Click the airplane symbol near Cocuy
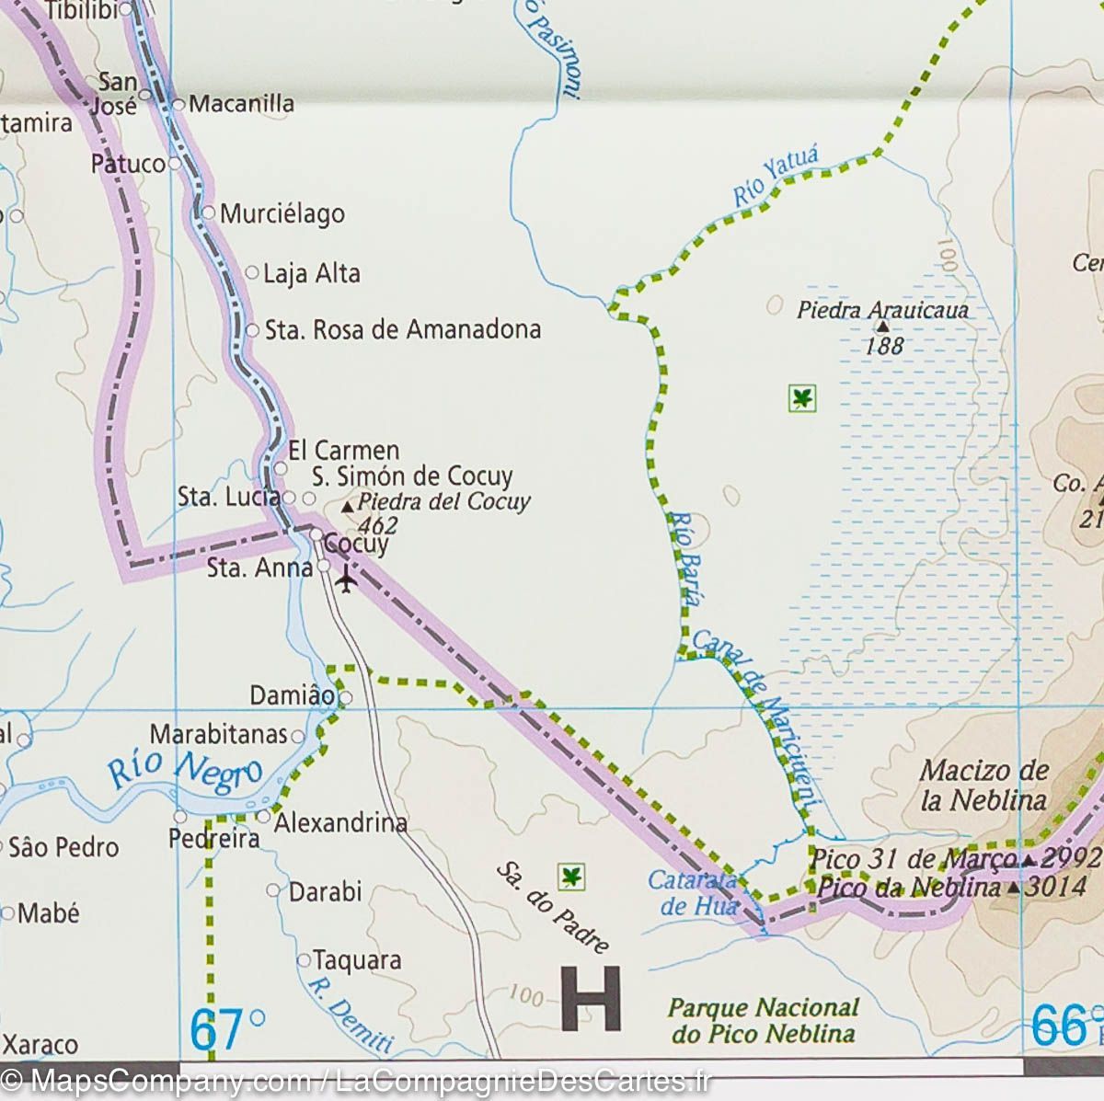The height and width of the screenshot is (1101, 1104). pos(346,581)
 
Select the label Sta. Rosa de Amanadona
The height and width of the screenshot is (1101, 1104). pos(403,329)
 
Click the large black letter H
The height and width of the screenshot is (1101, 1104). pos(590,999)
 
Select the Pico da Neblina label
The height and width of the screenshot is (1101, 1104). pos(907,888)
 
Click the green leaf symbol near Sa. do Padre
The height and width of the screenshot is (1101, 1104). pos(572,877)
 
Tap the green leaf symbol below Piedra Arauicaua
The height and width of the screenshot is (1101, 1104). pos(802,398)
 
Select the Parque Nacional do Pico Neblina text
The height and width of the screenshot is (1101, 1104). pos(763,1020)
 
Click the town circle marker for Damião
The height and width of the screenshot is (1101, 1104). pos(346,698)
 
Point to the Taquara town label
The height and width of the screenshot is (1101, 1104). pos(357,960)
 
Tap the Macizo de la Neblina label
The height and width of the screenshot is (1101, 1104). pos(983,784)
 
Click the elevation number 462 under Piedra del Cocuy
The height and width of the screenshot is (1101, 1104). pos(378,525)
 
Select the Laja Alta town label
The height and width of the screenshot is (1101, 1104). pos(311,274)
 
